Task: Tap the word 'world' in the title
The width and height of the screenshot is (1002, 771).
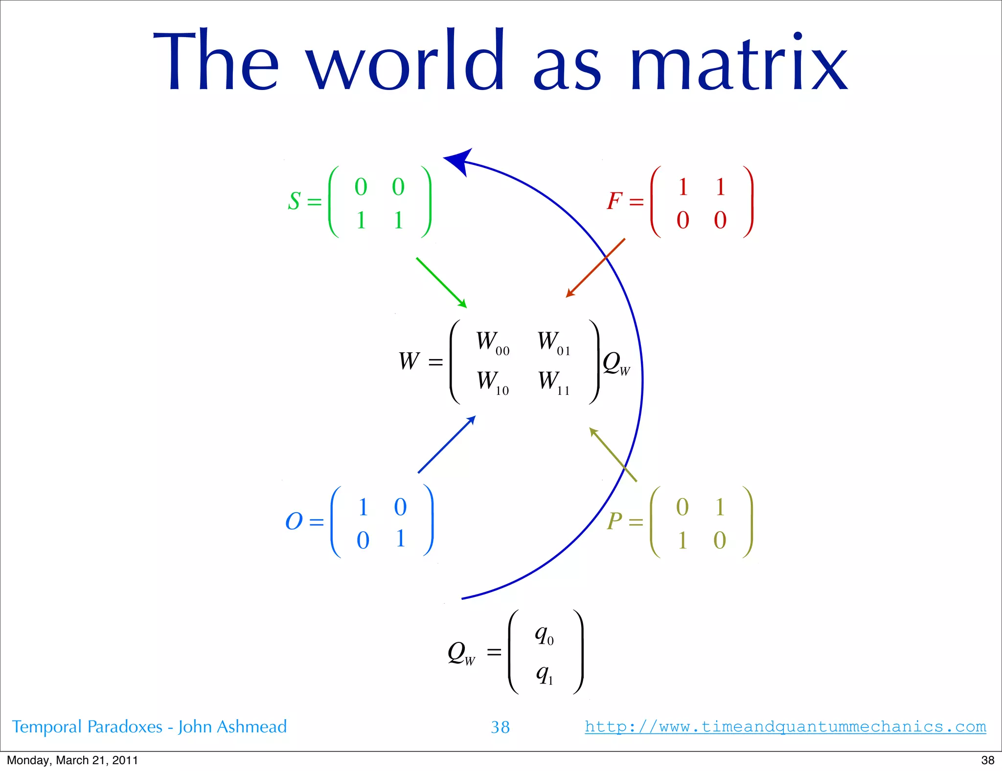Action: coord(405,61)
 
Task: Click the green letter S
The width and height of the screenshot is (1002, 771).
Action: coord(294,201)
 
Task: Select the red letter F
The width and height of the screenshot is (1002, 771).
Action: coord(615,201)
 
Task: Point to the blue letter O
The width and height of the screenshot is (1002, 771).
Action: coord(294,521)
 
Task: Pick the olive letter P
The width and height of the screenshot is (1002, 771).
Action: coord(615,521)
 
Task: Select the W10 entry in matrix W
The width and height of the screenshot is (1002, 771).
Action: coord(492,382)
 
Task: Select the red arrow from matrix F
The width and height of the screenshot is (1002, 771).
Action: coord(595,268)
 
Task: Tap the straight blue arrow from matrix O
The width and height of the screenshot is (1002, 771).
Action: coord(447,444)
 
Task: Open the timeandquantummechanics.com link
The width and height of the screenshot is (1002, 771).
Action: coord(785,726)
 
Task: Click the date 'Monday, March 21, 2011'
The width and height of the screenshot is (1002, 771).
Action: coord(72,760)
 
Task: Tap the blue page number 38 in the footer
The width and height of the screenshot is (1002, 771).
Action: coord(500,727)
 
